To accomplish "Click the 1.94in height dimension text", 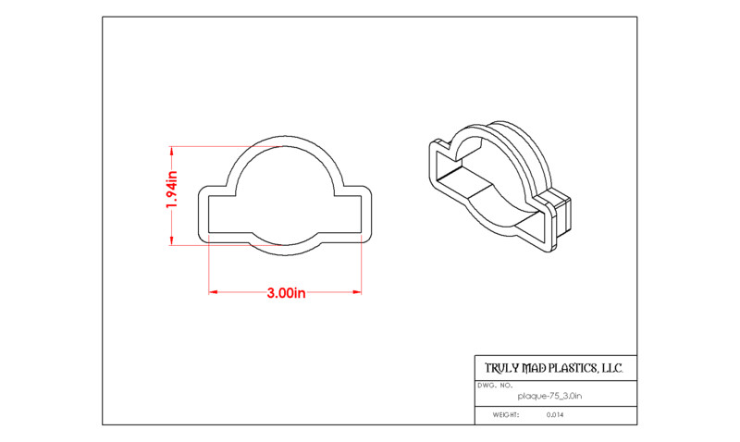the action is pyautogui.click(x=172, y=190).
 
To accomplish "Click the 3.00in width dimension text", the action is pyautogui.click(x=286, y=293).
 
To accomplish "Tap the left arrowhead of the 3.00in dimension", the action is pyautogui.click(x=213, y=292).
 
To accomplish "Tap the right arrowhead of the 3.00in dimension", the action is pyautogui.click(x=357, y=292).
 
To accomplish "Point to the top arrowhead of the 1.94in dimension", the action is pyautogui.click(x=171, y=151).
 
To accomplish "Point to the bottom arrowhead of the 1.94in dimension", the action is pyautogui.click(x=171, y=240).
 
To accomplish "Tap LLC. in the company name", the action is pyautogui.click(x=612, y=368).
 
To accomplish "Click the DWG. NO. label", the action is pyautogui.click(x=495, y=386).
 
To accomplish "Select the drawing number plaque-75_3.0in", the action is pyautogui.click(x=549, y=397).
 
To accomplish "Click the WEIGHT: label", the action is pyautogui.click(x=506, y=415).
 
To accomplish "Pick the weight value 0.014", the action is pyautogui.click(x=555, y=415).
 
